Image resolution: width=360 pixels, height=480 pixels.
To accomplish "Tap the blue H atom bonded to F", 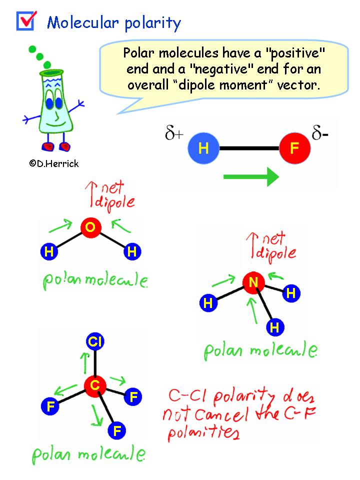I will pos(203,148).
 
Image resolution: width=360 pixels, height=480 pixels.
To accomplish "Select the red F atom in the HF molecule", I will pos(294,148).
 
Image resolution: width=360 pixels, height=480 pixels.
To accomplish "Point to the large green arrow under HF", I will pos(250,176).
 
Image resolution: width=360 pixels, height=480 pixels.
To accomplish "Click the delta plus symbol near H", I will pos(173,134).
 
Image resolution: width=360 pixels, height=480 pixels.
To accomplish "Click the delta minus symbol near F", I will pos(320,134).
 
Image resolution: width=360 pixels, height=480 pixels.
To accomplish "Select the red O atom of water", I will pos(90,228).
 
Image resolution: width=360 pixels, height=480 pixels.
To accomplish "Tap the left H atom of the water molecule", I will pos(49,252).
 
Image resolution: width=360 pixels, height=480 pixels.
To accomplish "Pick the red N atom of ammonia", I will pos(253,283).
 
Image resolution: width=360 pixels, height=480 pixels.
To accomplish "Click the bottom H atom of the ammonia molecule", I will pos(274,327).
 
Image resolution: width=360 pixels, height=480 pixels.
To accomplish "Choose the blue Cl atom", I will pos(94,342).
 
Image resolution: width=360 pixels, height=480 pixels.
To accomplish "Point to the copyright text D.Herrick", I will pos(54,163).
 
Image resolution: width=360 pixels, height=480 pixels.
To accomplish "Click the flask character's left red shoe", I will pos(48,146).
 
